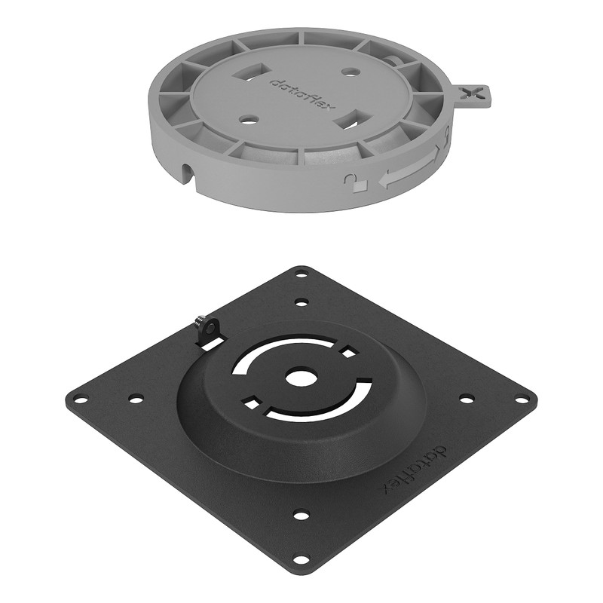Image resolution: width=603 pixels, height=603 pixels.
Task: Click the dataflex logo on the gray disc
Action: click(x=303, y=94)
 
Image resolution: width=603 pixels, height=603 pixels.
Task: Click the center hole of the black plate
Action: click(x=301, y=378)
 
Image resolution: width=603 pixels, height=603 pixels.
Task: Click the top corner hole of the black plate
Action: click(x=301, y=274)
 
